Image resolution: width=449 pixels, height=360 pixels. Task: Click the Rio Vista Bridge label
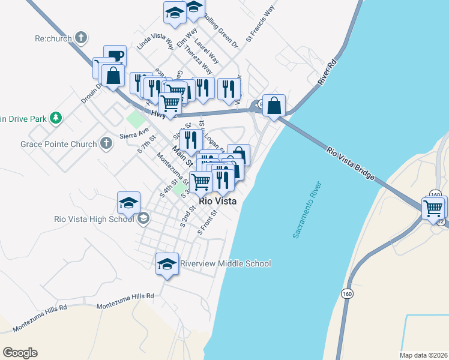pos(352,163)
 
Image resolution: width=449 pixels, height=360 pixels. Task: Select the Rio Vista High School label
pos(94,219)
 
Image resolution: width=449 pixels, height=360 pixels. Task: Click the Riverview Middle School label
pos(226,263)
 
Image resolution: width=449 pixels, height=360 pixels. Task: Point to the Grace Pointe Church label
pos(58,144)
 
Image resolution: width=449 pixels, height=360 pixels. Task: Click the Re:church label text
pos(53,39)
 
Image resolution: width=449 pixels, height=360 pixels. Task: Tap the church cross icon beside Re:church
pos(81,38)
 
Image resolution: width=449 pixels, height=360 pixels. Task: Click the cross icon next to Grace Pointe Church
pos(106,143)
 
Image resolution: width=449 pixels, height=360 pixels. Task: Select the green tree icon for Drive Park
pos(56,118)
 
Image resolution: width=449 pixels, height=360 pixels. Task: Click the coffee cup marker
pos(115,56)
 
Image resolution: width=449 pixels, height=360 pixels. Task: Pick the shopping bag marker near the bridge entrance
pos(274,106)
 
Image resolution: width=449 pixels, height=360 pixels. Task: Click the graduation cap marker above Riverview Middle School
pos(167,263)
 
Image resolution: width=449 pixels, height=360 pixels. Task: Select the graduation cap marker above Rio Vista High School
pos(129,203)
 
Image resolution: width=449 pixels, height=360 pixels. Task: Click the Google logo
pos(20,353)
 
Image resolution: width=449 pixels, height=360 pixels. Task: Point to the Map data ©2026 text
pos(423,355)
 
